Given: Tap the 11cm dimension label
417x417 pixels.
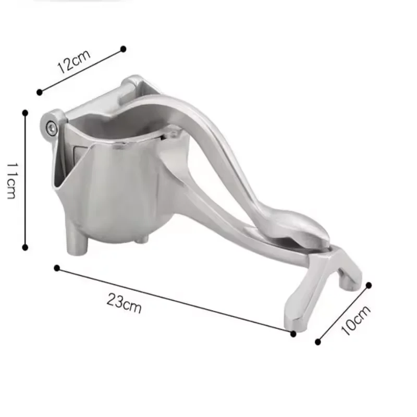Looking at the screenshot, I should point(11,179).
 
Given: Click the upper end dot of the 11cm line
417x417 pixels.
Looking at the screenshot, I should point(25,112).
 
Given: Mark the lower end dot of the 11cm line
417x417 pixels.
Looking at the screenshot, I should point(25,247).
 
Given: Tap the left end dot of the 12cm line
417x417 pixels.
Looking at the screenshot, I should point(39,92).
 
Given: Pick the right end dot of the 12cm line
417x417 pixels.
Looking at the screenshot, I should point(123,48).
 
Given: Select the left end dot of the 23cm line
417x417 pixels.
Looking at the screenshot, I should point(57,268).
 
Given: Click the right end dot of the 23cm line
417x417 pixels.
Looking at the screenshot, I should point(293,333).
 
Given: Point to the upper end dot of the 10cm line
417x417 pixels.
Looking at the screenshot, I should point(369,285).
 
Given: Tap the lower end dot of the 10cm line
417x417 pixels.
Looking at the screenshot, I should point(318,342).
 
